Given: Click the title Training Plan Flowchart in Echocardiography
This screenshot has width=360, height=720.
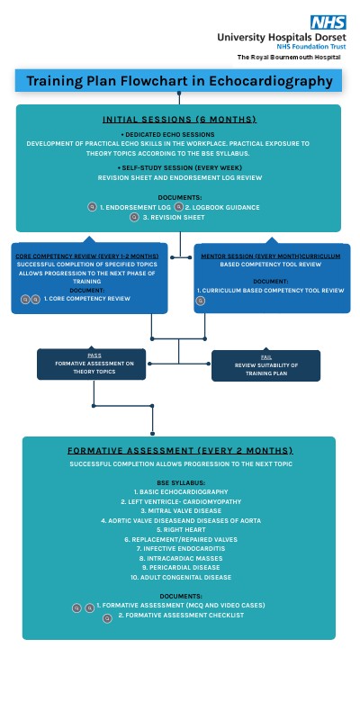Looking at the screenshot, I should click(x=179, y=81).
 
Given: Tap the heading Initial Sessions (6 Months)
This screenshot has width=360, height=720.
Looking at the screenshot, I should click(x=179, y=119).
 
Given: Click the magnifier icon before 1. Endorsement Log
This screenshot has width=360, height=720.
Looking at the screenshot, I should click(x=92, y=207).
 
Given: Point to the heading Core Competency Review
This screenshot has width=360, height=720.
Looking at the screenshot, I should click(x=87, y=256).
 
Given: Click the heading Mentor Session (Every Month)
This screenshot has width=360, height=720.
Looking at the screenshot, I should click(x=270, y=256).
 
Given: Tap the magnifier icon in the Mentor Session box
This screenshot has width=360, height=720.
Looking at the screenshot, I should click(x=201, y=301).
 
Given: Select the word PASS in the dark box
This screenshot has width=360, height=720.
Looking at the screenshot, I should click(x=94, y=355).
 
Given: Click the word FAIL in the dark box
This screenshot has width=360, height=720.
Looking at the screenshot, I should click(x=266, y=357).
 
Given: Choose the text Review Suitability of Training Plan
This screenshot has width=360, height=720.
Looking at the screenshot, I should click(x=266, y=369).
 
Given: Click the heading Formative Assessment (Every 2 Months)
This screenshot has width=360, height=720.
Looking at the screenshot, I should click(x=179, y=450).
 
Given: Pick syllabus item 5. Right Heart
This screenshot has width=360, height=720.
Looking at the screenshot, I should click(x=179, y=529).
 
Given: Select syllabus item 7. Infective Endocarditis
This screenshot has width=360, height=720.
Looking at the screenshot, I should click(x=179, y=548).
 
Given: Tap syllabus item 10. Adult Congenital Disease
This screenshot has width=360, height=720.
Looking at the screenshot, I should click(x=179, y=577).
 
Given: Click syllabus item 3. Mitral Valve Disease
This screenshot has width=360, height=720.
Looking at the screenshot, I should click(x=179, y=510).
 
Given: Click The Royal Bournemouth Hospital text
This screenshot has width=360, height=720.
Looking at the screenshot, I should click(x=289, y=57).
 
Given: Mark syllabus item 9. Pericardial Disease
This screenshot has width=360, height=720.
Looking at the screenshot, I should click(x=179, y=567).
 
